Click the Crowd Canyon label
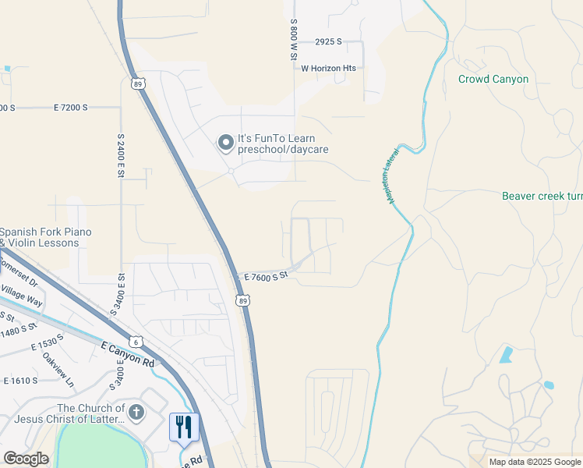coord(493,80)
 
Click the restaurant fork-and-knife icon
coord(184,427)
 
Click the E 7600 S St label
coord(267,276)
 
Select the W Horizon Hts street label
coord(329,68)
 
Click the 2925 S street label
coord(329,41)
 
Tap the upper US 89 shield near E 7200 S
coord(138,84)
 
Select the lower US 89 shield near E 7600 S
coord(244,300)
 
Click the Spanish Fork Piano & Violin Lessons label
coord(45,237)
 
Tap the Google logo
coord(26,459)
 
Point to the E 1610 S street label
coord(21,381)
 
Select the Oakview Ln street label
coord(58,372)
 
